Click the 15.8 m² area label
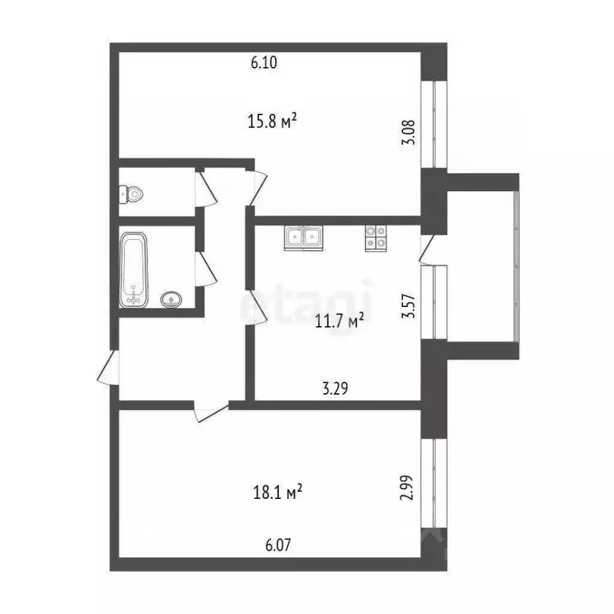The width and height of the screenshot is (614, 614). pos(273,121)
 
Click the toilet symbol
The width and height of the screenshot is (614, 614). pos(132,194)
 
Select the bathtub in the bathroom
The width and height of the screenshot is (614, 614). pos(133,269)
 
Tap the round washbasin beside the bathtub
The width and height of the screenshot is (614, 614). pos(170,300)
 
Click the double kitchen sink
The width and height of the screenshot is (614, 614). pos(303,237)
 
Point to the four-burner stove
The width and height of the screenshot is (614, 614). pos(377,237)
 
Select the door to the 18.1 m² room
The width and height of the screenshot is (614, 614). pos(211,412)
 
